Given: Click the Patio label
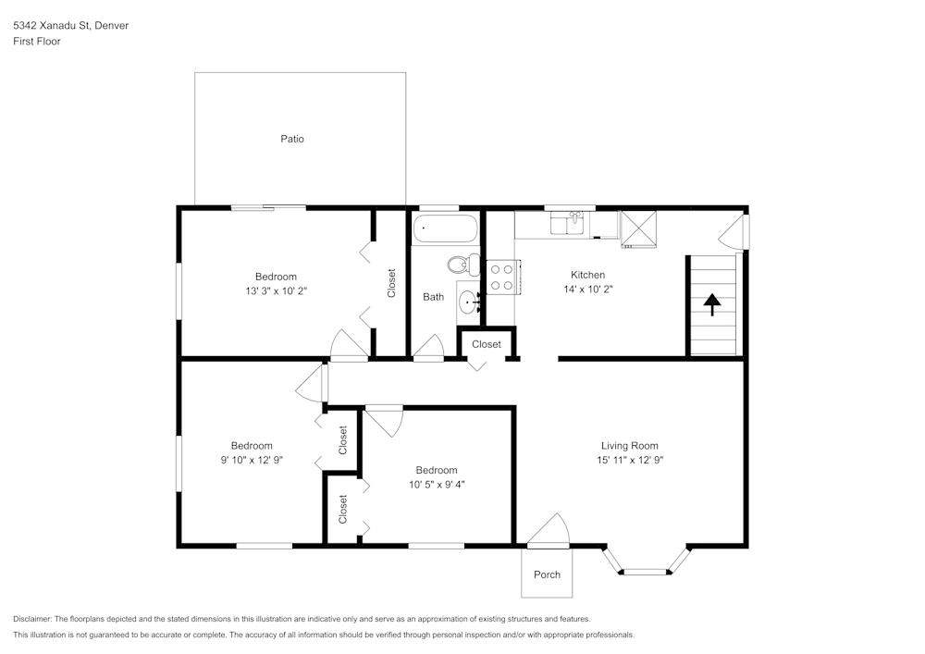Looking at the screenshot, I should (292, 139).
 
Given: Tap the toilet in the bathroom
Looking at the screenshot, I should (462, 265).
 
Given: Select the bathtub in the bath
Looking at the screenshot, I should (445, 228).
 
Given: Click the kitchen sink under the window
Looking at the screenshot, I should (566, 223).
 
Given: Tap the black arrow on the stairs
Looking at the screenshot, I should (712, 304).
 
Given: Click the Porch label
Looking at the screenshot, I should (547, 574).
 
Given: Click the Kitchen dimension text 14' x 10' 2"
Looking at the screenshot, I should (587, 289).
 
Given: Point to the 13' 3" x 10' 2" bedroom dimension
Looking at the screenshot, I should (276, 290).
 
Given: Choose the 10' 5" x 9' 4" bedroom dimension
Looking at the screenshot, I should (436, 484).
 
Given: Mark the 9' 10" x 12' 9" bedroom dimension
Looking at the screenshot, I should (252, 460).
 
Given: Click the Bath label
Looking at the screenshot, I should (433, 297).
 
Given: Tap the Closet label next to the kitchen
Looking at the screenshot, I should (487, 344).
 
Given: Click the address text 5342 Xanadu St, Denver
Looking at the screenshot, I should (70, 26).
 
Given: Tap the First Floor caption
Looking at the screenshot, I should (37, 42).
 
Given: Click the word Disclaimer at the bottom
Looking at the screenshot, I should (32, 619).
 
